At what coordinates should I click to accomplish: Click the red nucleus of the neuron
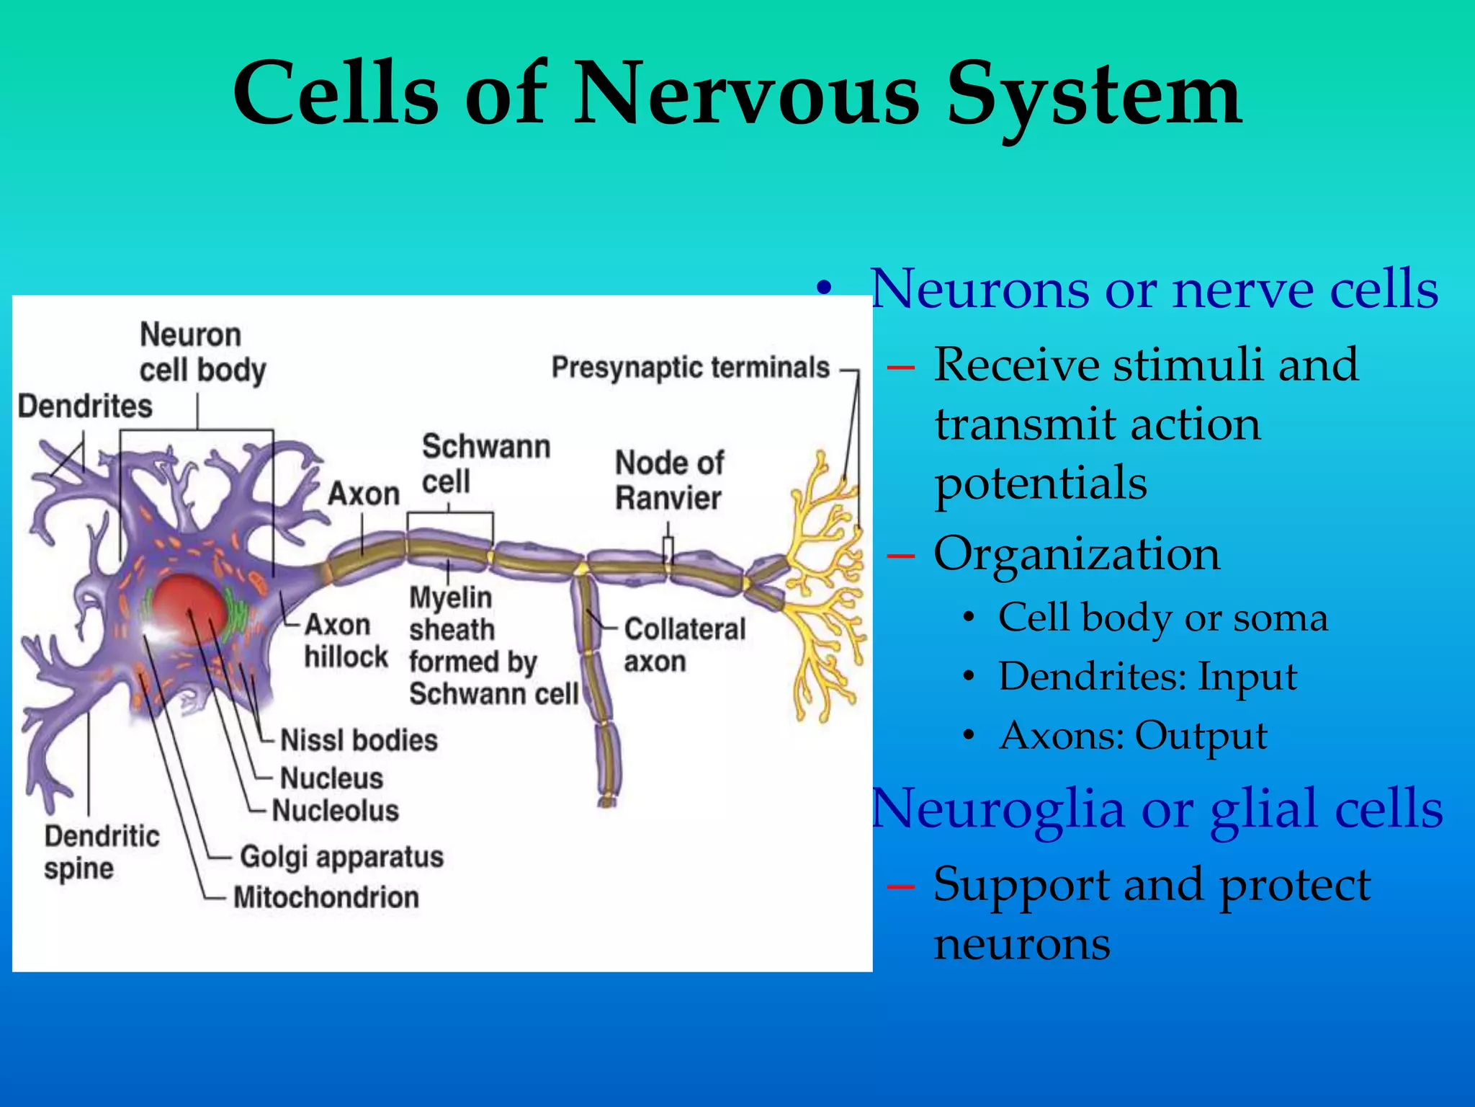point(189,610)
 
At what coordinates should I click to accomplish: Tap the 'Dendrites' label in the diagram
point(85,406)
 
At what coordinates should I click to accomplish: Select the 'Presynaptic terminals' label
point(690,368)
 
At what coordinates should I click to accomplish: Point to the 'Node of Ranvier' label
point(669,480)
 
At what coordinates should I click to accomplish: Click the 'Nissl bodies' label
point(359,740)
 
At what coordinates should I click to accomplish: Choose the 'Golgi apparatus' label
point(341,857)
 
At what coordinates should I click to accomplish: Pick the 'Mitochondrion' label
point(326,897)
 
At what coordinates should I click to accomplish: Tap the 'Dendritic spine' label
point(102,852)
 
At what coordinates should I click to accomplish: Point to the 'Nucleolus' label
point(336,811)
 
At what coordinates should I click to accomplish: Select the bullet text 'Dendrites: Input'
point(1147,677)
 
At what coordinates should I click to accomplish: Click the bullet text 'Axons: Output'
point(1134,736)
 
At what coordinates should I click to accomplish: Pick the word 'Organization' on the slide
point(1077,554)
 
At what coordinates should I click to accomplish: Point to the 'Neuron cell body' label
point(202,352)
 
